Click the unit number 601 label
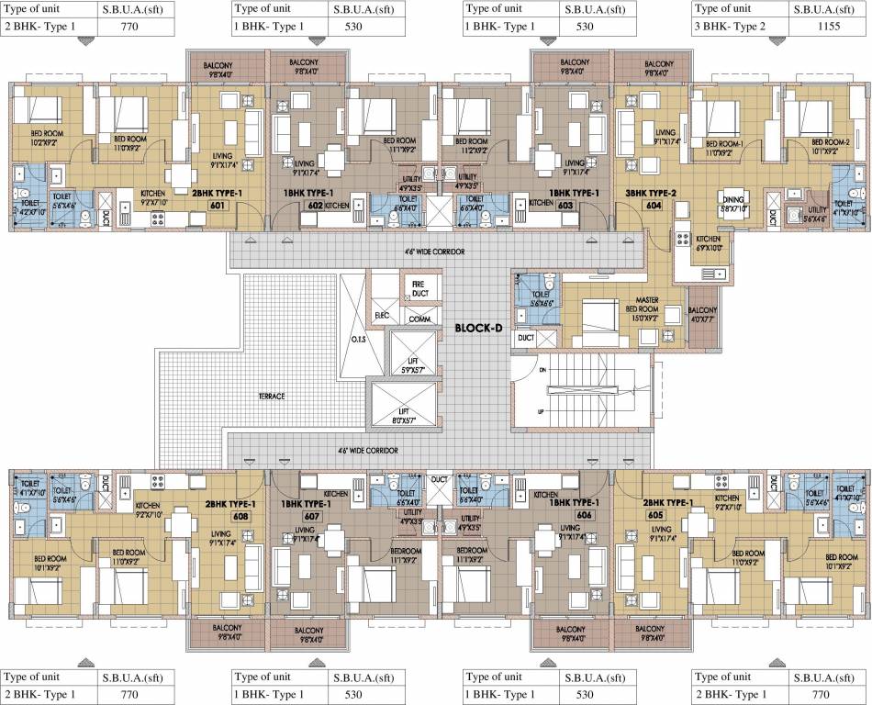coord(218,207)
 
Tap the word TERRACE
coord(272,395)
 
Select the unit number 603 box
coord(566,207)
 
